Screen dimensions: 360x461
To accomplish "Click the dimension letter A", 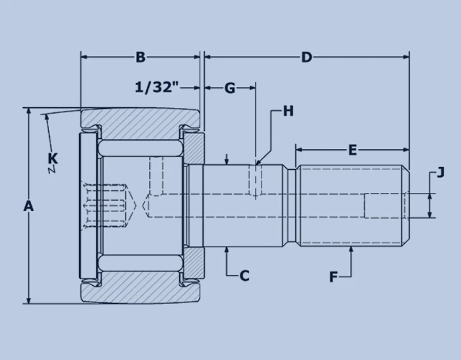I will (x=28, y=206).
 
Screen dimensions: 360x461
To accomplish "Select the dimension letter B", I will (x=141, y=57).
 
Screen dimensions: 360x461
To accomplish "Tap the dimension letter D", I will (x=307, y=57).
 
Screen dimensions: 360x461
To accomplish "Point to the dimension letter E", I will (x=352, y=150).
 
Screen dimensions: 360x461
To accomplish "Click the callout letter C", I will (x=244, y=274).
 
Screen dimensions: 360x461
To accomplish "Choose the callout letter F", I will (x=333, y=275).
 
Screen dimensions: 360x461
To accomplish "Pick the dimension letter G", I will (x=230, y=88).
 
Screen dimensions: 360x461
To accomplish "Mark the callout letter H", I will (x=288, y=111).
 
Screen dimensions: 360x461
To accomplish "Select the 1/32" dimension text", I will (x=157, y=88).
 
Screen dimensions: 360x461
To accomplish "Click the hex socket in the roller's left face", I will (x=108, y=206).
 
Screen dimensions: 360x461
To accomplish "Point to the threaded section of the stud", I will (x=352, y=206).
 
